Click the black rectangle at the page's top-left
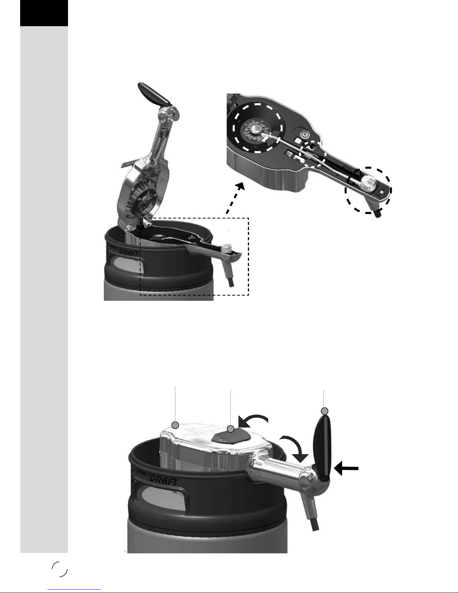point(44,13)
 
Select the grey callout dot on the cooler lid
point(175,425)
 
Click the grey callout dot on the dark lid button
point(231,429)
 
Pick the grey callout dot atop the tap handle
point(325,411)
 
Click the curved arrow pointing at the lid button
point(253,417)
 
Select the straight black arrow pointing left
point(346,468)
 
